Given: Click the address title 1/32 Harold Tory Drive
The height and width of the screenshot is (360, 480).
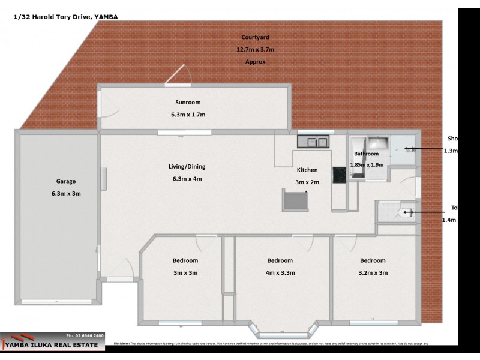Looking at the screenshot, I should (65, 17).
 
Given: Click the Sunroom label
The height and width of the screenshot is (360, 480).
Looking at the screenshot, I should (188, 102).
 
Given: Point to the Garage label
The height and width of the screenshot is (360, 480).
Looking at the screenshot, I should (66, 181).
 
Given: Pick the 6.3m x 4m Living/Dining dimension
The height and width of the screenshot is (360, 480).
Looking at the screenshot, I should (191, 178).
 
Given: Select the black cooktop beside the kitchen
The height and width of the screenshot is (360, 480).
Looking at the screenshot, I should (339, 173).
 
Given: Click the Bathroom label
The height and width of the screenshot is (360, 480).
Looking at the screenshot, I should (366, 154).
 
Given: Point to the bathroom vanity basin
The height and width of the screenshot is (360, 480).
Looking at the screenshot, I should (378, 144).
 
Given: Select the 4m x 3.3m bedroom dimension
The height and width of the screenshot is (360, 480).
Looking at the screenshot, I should (280, 272).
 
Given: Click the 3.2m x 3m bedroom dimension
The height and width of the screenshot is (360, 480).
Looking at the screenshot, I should (373, 272).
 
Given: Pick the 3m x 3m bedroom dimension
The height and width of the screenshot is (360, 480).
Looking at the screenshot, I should (185, 272).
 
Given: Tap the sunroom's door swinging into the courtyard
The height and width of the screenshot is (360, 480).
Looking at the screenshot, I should (179, 76).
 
